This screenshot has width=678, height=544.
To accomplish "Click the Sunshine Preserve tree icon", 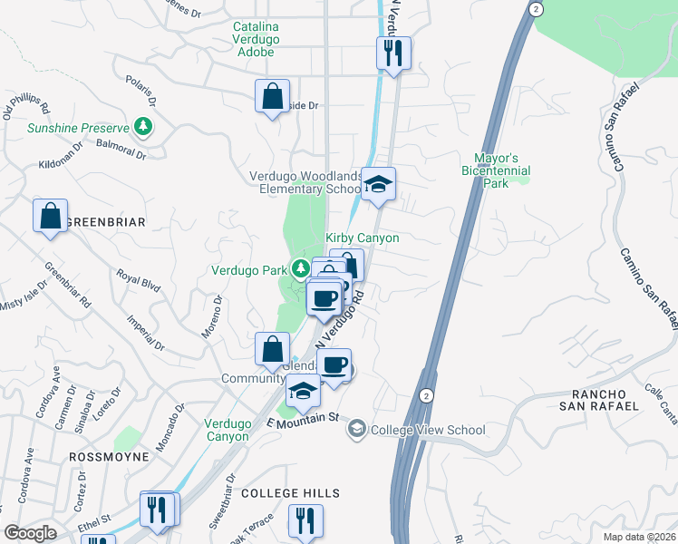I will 141,128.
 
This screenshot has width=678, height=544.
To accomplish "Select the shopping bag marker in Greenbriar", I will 51,217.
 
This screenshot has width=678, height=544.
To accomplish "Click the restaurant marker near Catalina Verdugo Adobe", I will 393,53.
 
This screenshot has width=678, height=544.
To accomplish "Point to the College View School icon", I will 357,430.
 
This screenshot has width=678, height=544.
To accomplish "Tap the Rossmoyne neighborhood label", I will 109,458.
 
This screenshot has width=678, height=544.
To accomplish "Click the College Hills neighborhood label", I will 290,493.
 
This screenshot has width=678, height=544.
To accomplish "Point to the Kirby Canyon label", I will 363,238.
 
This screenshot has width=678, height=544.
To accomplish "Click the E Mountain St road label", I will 302,418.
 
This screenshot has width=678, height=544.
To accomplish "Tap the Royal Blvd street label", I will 138,279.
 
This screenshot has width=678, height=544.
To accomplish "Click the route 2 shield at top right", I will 537,8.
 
